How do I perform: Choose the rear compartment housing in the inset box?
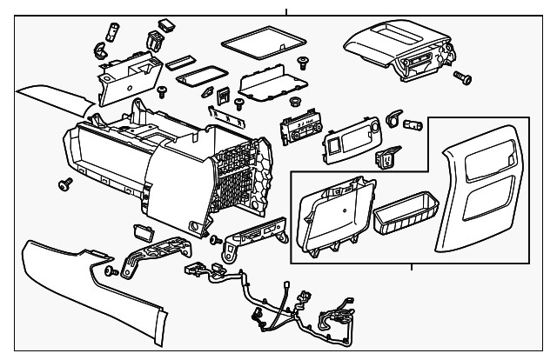[x=335, y=217]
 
